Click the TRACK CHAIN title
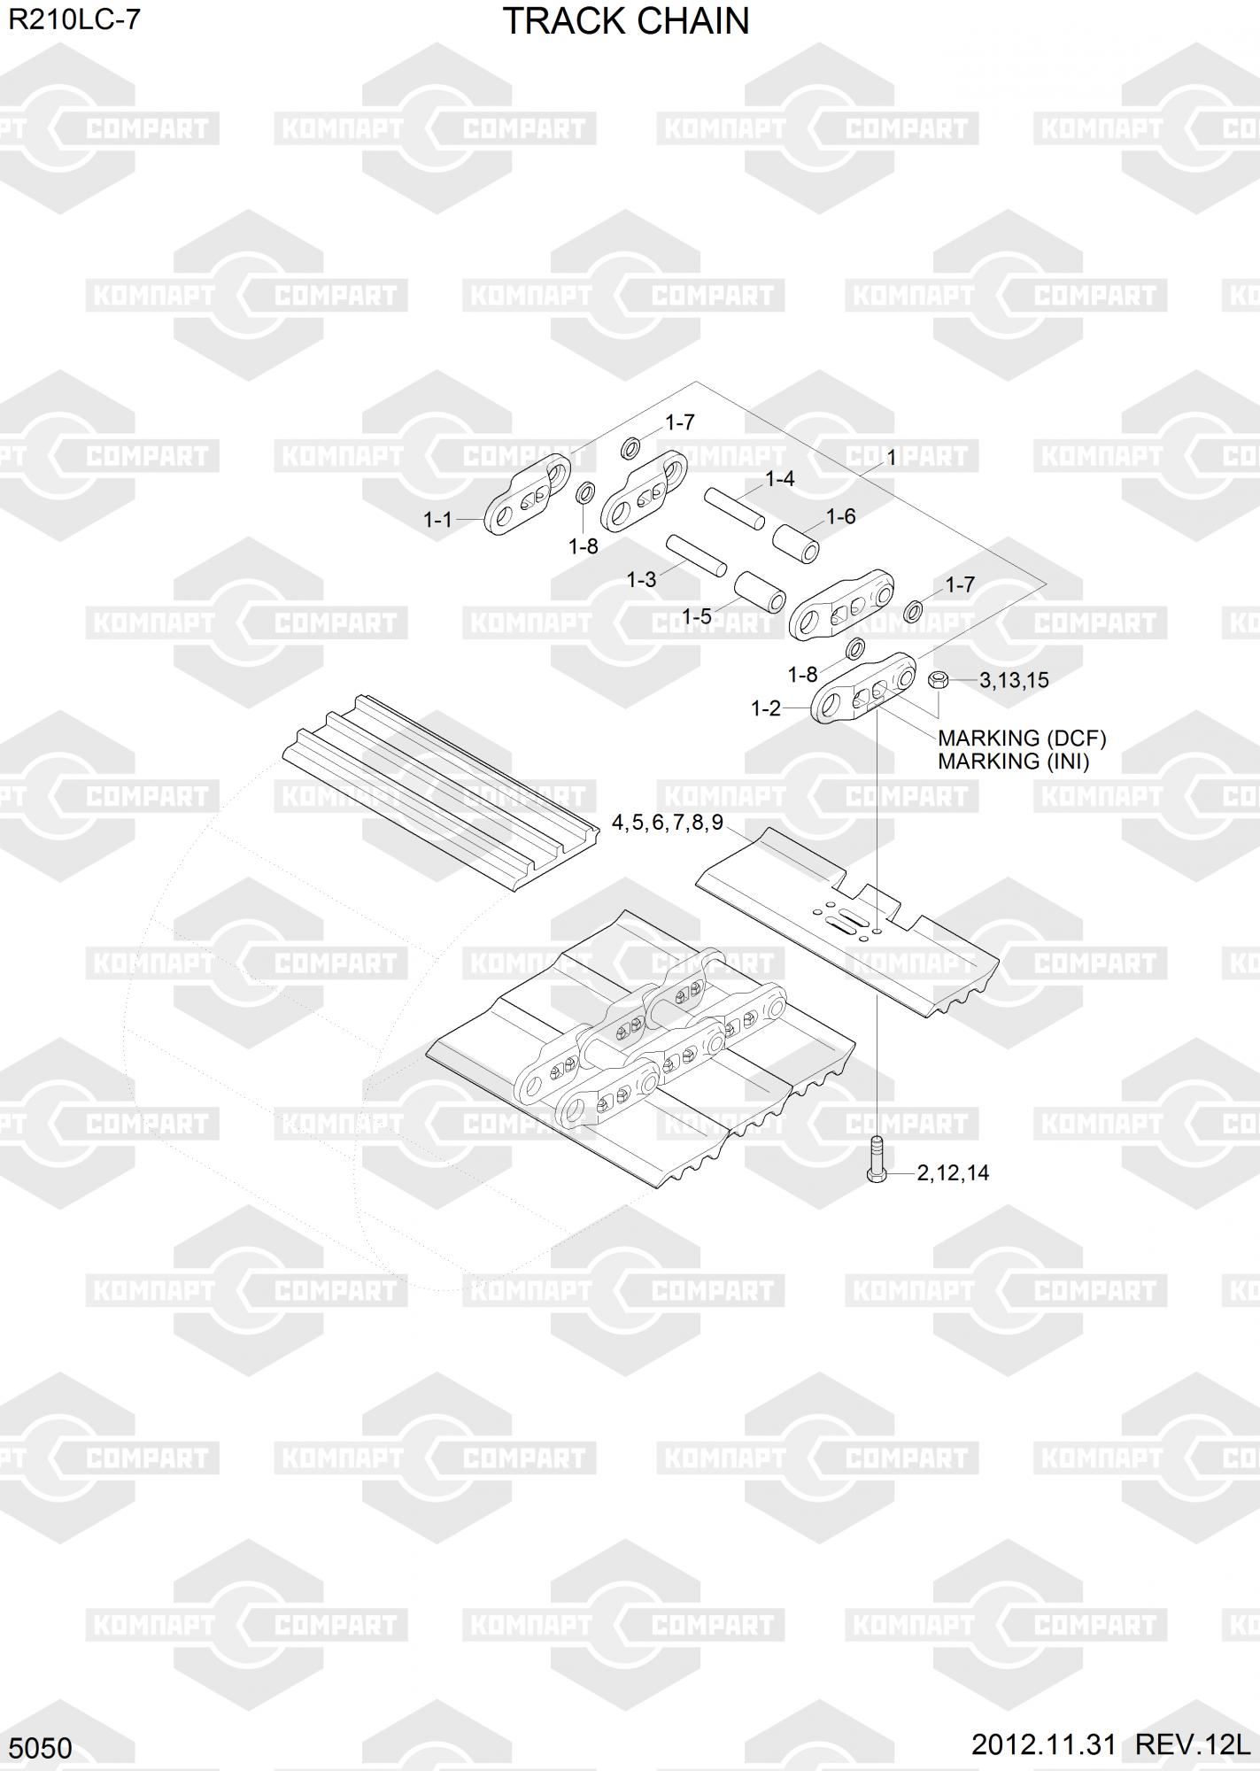626,20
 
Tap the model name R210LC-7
74,19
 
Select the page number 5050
41,1748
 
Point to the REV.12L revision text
1192,1744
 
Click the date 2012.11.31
1044,1744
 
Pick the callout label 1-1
437,520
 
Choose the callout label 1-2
766,708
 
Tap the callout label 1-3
641,580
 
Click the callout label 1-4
779,479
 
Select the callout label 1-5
697,616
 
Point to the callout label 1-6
840,516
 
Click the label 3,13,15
1014,680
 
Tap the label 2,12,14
953,1173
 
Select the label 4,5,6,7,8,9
668,823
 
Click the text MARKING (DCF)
1022,739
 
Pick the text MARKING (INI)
1013,762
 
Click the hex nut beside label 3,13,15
939,680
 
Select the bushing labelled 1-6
796,543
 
